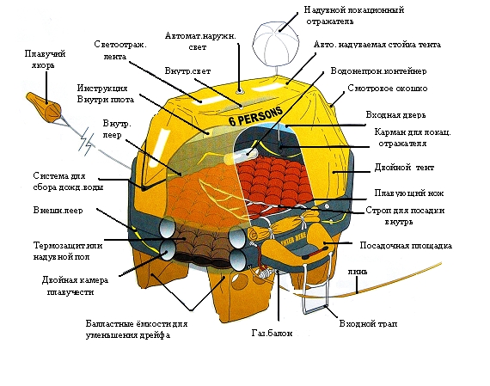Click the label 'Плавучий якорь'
pos(45,59)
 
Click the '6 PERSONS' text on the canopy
pos(256,115)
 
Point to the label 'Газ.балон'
pos(272,333)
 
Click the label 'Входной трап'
pos(368,323)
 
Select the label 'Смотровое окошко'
pos(388,89)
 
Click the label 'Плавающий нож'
pos(409,193)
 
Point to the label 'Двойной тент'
pos(404,168)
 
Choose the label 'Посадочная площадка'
pos(406,245)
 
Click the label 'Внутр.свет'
pos(187,71)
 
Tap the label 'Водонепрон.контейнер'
pos(379,71)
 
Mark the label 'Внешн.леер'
pos(58,210)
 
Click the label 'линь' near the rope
pos(358,272)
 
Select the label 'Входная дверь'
pos(395,114)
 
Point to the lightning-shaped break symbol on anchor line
pos(86,142)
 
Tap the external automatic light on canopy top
pos(240,92)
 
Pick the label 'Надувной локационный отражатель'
pos(354,15)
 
